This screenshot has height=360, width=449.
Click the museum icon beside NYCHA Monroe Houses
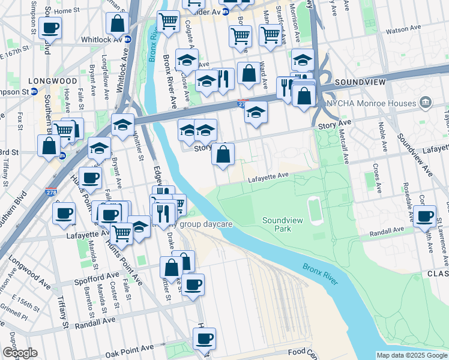[426, 103]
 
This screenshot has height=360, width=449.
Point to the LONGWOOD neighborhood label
[57, 80]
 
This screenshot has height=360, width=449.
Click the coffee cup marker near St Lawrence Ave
[425, 215]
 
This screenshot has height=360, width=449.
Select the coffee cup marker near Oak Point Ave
[203, 338]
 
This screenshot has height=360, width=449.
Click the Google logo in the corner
[20, 352]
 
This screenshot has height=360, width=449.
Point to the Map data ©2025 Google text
[411, 355]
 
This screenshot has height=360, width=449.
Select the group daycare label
[204, 224]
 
